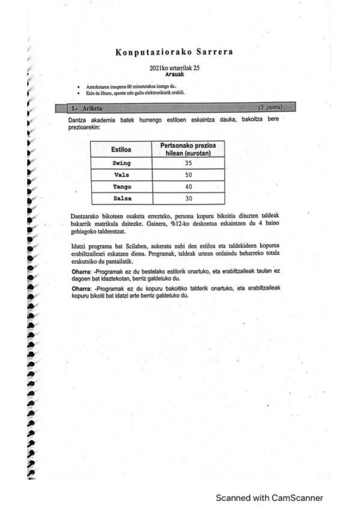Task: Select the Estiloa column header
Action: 121,149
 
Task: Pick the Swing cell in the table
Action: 121,163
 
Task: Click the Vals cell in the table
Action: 121,174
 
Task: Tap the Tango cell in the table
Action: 121,186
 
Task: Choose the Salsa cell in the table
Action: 121,198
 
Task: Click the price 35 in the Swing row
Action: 188,163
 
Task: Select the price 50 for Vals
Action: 188,174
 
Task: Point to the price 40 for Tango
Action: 188,186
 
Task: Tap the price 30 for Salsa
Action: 189,198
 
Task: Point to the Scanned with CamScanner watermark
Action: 270,497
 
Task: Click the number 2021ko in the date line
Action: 162,68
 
